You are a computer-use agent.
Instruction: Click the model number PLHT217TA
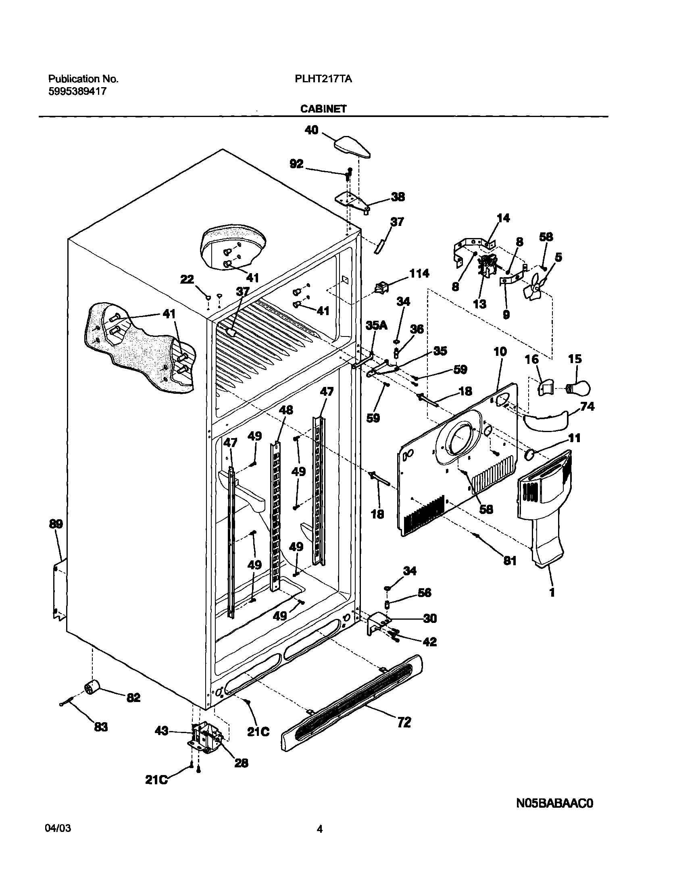pyautogui.click(x=323, y=79)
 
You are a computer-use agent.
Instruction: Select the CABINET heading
pyautogui.click(x=323, y=109)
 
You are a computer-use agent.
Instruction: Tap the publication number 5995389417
pyautogui.click(x=77, y=92)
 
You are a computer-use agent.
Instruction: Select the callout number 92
pyautogui.click(x=296, y=164)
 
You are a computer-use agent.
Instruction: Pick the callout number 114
pyautogui.click(x=419, y=274)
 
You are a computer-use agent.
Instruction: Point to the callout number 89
pyautogui.click(x=56, y=524)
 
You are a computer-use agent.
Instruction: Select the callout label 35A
pyautogui.click(x=376, y=326)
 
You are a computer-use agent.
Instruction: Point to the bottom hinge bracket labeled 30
pyautogui.click(x=376, y=624)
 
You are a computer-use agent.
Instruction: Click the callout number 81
pyautogui.click(x=510, y=561)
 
